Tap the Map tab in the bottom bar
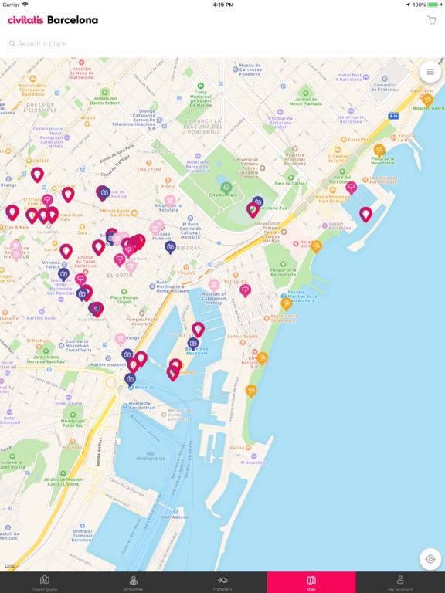click(x=311, y=582)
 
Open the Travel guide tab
click(x=44, y=582)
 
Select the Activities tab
click(x=134, y=582)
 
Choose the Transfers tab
click(x=222, y=582)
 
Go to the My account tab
click(x=400, y=582)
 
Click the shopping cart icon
click(x=431, y=20)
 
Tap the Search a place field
click(x=216, y=44)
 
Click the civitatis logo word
click(x=25, y=20)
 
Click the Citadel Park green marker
click(x=226, y=187)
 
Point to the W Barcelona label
click(x=253, y=463)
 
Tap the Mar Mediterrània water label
click(x=140, y=457)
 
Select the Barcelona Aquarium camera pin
click(x=193, y=343)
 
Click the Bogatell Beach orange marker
click(x=427, y=100)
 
